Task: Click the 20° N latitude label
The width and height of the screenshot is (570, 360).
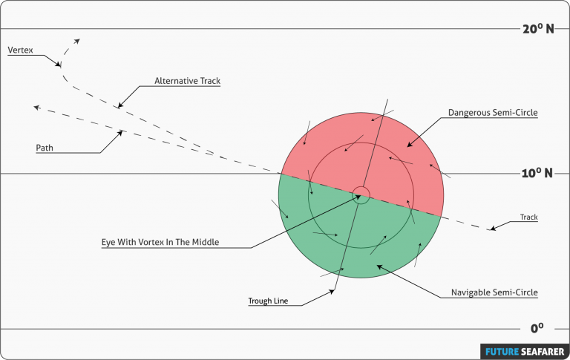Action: coord(538,29)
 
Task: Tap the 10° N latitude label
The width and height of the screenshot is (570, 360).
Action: coord(538,173)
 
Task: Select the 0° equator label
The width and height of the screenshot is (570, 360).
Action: coord(537,327)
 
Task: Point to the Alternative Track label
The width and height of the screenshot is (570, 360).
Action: coord(187,81)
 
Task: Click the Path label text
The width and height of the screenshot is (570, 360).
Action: coord(45,148)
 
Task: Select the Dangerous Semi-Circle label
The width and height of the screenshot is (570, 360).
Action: coord(492,113)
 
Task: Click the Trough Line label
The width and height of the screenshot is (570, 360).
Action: coord(268,301)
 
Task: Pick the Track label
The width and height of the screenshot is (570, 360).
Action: coord(528,217)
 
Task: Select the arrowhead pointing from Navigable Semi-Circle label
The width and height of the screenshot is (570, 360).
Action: coord(379,266)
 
